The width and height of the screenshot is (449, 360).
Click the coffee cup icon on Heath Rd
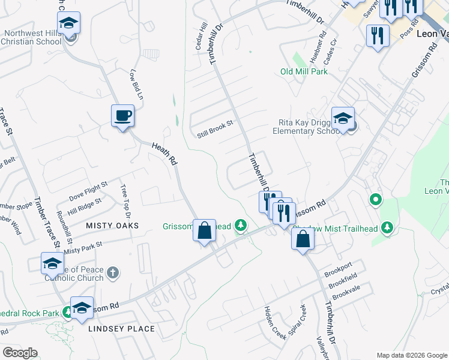point(122,115)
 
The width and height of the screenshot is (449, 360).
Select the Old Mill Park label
point(304,71)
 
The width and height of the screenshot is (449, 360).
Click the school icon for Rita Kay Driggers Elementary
point(343,118)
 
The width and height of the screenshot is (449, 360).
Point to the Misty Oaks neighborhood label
point(112,226)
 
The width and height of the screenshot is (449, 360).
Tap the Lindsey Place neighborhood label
point(121,329)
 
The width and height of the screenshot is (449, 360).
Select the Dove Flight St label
point(88,191)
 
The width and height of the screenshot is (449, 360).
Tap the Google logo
point(20,353)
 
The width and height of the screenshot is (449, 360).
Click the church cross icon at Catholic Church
point(113,274)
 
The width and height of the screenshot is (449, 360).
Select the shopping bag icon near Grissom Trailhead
point(204,230)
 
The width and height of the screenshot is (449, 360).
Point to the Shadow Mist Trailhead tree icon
point(387,226)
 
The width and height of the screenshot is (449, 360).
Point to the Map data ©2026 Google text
point(412,355)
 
